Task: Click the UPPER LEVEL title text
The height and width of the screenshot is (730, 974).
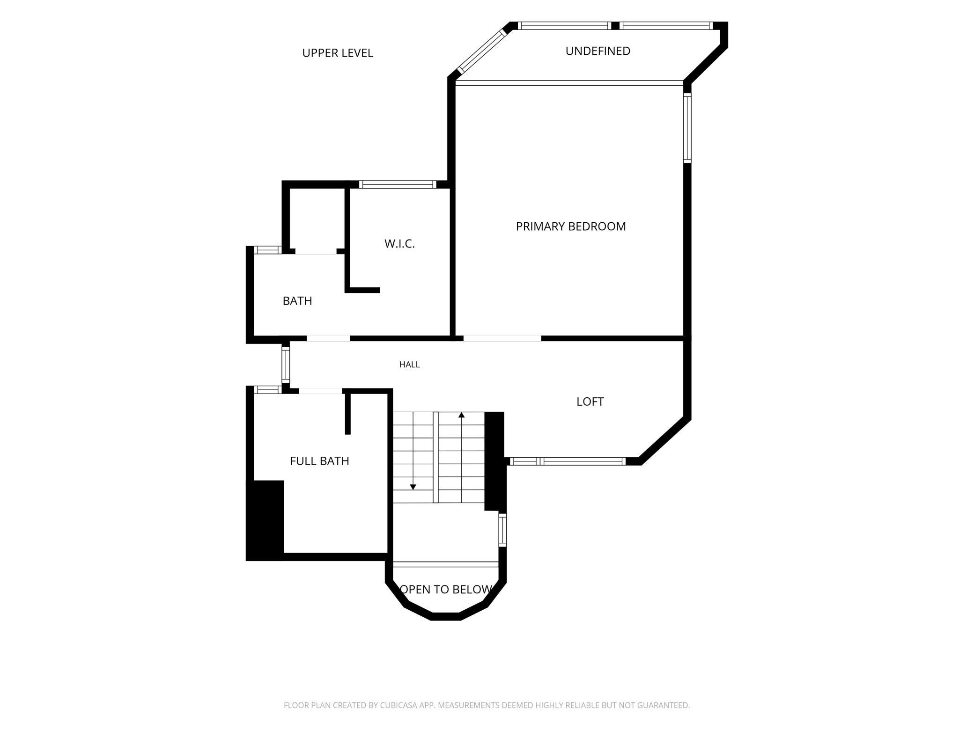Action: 338,53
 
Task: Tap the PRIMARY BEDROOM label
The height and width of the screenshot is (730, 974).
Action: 571,226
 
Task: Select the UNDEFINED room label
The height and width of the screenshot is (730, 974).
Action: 598,51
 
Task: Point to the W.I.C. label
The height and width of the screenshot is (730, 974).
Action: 399,244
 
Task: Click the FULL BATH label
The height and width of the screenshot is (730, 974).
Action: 319,461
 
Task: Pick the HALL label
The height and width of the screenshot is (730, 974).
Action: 410,365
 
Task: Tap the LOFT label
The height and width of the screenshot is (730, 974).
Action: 590,401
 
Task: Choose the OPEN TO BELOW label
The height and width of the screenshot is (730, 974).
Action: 446,590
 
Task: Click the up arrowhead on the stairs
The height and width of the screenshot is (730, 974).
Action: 462,415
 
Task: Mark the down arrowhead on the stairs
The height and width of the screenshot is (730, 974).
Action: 413,487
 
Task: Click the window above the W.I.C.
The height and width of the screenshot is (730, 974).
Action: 398,184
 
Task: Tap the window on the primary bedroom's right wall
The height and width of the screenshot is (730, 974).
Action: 687,128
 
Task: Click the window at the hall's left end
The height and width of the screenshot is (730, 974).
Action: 285,364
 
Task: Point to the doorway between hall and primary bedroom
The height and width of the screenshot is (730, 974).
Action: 502,338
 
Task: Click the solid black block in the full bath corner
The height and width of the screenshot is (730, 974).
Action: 265,520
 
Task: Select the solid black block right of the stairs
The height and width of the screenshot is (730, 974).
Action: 494,461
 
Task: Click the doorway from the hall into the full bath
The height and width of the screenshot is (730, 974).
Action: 321,391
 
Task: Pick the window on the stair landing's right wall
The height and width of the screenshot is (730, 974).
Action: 502,530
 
